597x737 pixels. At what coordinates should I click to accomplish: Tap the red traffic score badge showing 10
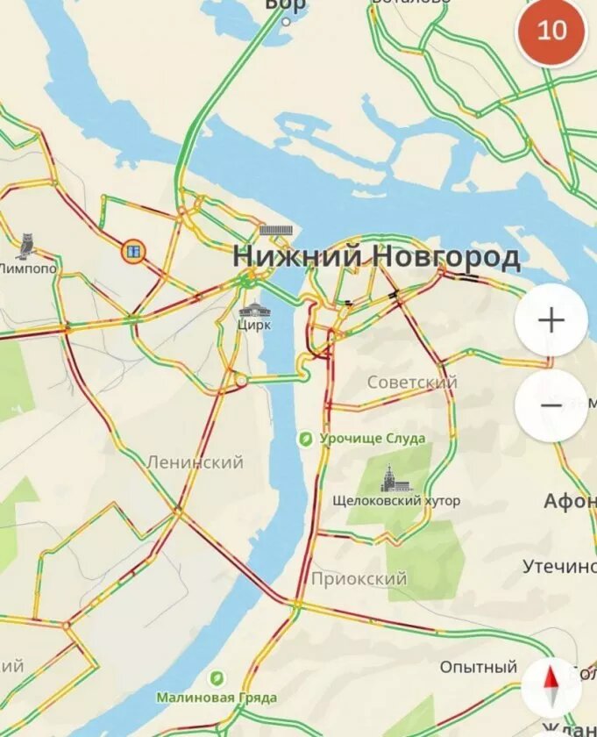pos(551,31)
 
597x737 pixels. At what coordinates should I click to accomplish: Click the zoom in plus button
pos(551,320)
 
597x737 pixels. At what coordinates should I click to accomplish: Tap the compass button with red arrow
pos(551,686)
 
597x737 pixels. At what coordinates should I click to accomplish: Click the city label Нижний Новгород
pos(376,257)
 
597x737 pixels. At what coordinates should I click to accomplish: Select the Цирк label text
pos(254,325)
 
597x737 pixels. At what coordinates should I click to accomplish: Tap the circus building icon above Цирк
pos(254,308)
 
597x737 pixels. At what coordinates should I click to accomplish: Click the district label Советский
pos(412,383)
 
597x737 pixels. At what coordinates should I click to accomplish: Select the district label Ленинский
pos(195,462)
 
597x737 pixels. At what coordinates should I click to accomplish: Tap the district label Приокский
pos(359,578)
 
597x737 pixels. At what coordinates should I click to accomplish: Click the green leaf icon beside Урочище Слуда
pos(306,438)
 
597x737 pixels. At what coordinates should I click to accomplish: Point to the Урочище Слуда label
pos(373,438)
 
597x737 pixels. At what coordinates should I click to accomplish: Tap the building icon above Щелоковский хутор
pos(388,478)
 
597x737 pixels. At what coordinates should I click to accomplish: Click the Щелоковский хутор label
pos(396,501)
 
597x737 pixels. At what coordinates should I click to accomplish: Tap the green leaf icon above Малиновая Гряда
pos(216,677)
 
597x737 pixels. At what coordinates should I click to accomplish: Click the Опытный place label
pos(479,667)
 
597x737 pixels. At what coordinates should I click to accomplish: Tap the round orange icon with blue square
pos(133,252)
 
